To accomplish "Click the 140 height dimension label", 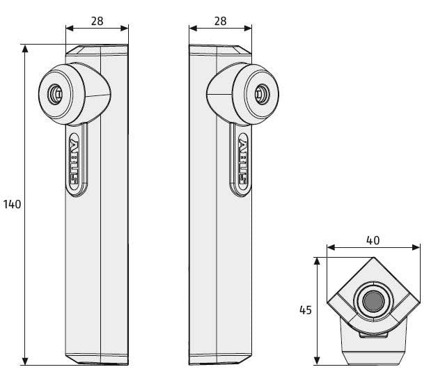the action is (x=12, y=205).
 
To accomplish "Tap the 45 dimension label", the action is (x=305, y=310).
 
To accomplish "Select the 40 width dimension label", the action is (x=373, y=240).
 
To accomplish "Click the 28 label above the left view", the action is (x=97, y=21).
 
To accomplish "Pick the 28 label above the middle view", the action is (x=220, y=21).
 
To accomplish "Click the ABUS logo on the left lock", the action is (x=74, y=162).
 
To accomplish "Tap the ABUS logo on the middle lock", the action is (x=243, y=162).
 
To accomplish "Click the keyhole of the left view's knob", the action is (x=55, y=95).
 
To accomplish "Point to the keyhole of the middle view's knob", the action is (x=263, y=95).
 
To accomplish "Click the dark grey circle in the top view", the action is (x=373, y=301).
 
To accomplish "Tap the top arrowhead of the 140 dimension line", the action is (x=25, y=49).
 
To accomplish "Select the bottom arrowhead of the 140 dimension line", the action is (x=25, y=361).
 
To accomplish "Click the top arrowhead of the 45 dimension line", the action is (x=317, y=261).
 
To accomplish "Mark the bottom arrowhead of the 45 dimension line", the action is (x=317, y=361).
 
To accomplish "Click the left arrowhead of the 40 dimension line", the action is (x=331, y=247).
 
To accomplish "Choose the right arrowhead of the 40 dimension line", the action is (x=416, y=247).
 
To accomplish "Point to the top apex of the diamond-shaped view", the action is (x=373, y=257).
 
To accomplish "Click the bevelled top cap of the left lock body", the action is (x=97, y=49).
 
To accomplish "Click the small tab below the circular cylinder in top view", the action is (x=373, y=335).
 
